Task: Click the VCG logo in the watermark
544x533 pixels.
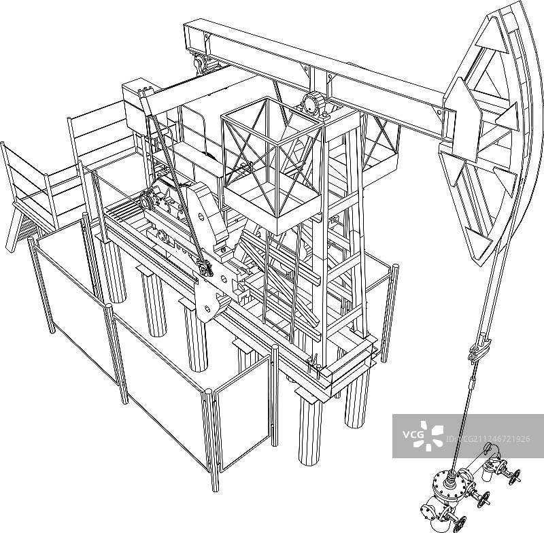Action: [x=423, y=435]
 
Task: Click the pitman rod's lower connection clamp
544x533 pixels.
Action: [x=205, y=268]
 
